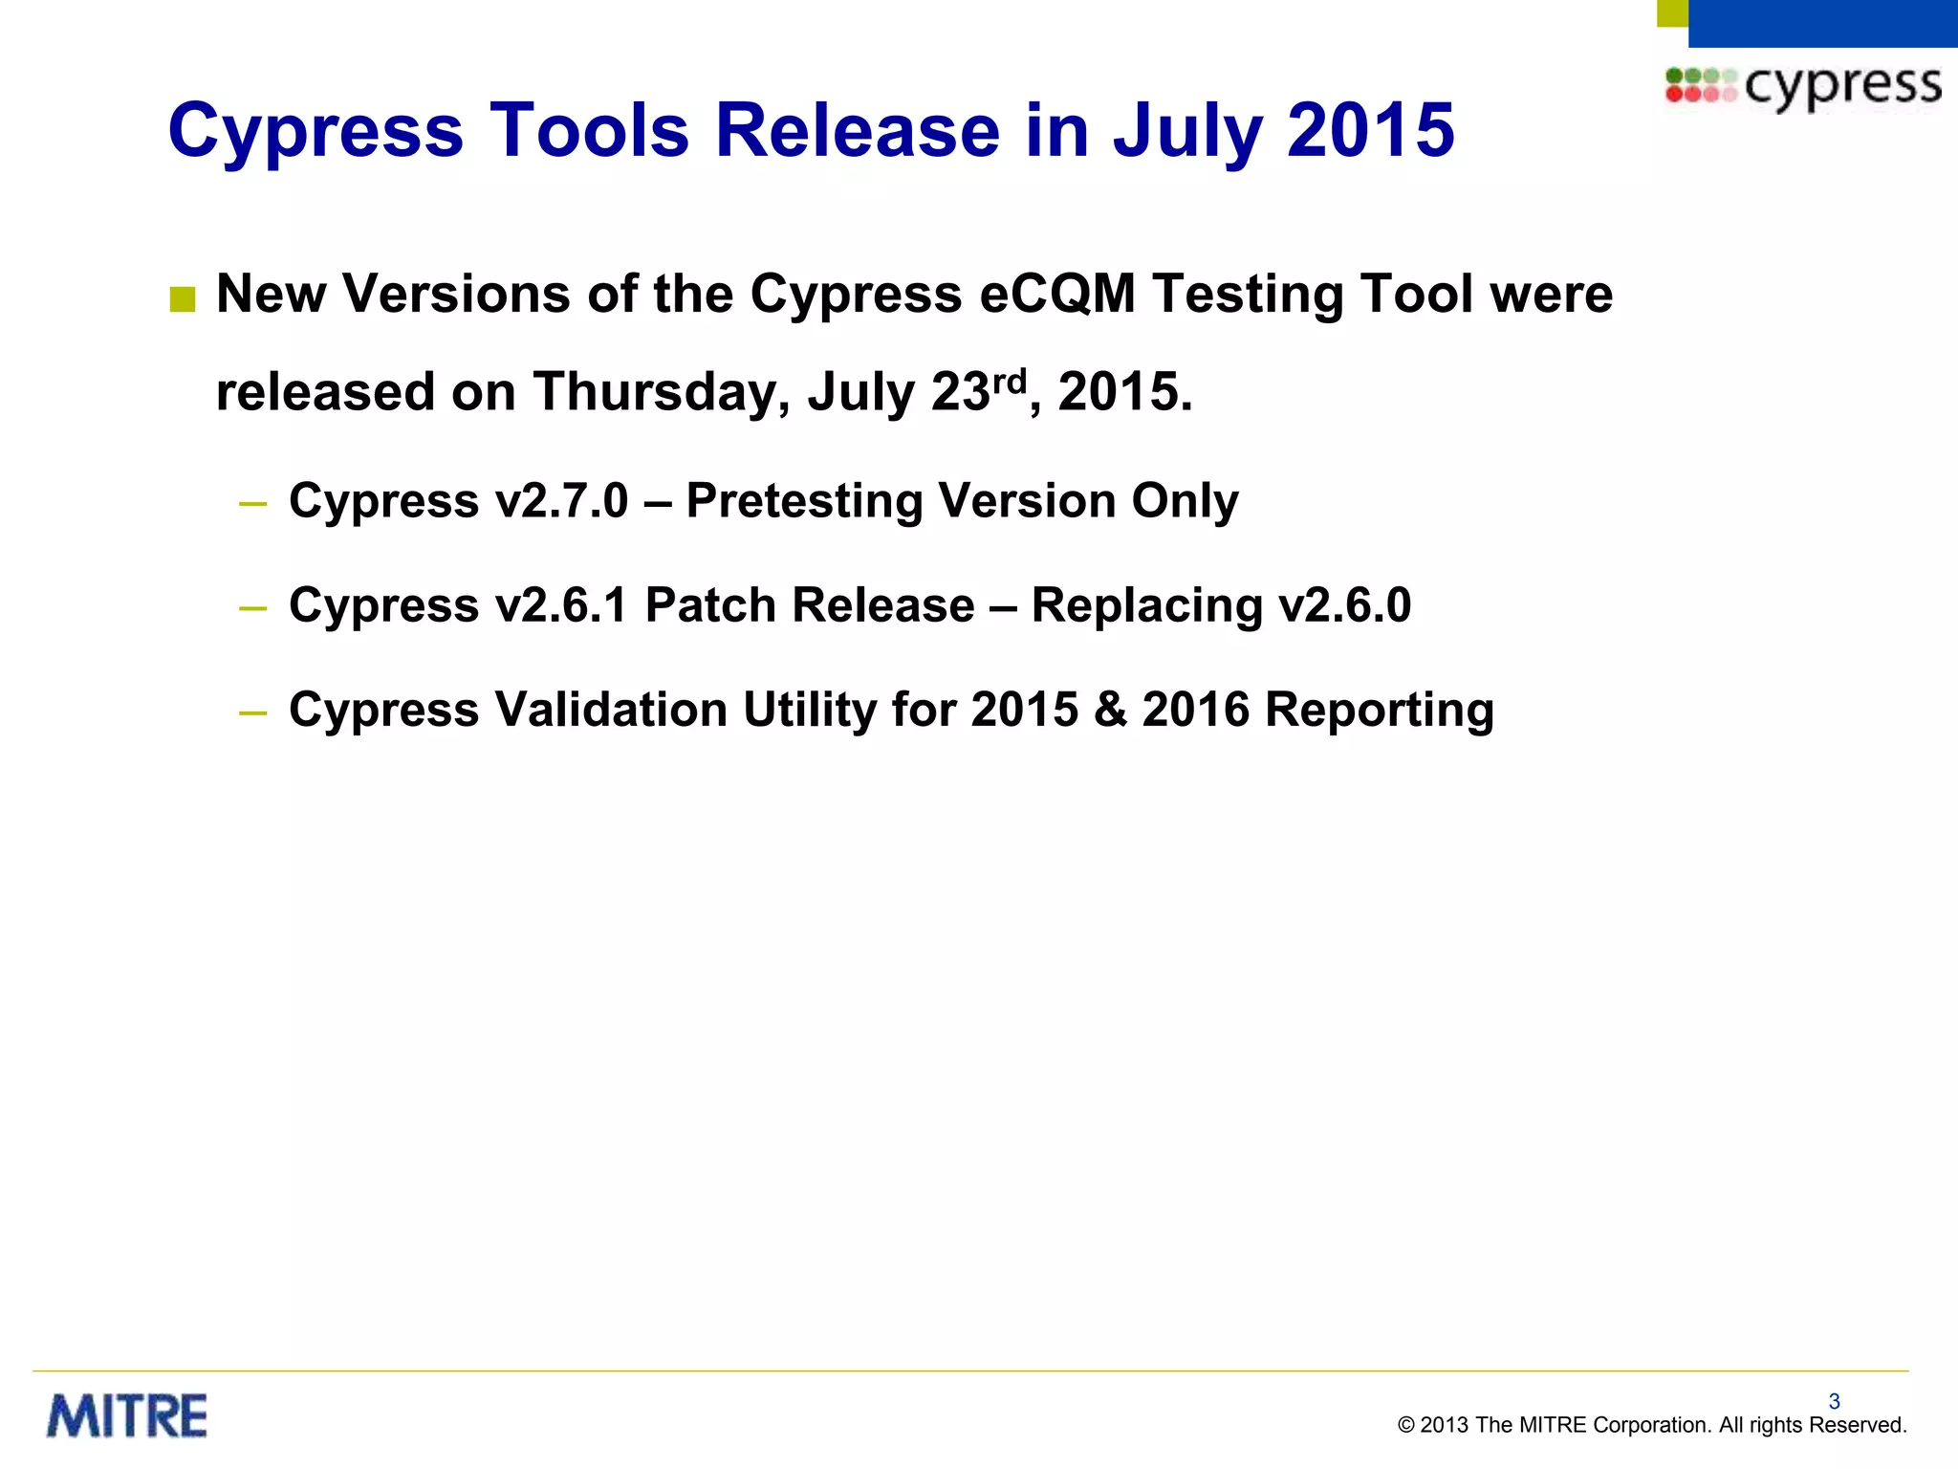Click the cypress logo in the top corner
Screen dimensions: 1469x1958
pyautogui.click(x=1803, y=86)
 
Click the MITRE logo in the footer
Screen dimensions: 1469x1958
pyautogui.click(x=127, y=1416)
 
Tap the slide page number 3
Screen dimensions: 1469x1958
pyautogui.click(x=1834, y=1401)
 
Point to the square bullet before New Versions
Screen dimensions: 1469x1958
pyautogui.click(x=182, y=300)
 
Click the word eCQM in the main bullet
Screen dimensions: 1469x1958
pyautogui.click(x=1056, y=294)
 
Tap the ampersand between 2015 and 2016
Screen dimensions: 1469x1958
pyautogui.click(x=1110, y=710)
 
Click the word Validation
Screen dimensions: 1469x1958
pyautogui.click(x=611, y=710)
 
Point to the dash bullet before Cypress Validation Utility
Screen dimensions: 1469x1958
pyautogui.click(x=253, y=713)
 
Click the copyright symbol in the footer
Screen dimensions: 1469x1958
pyautogui.click(x=1405, y=1425)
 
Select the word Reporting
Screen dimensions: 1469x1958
pyautogui.click(x=1380, y=710)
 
